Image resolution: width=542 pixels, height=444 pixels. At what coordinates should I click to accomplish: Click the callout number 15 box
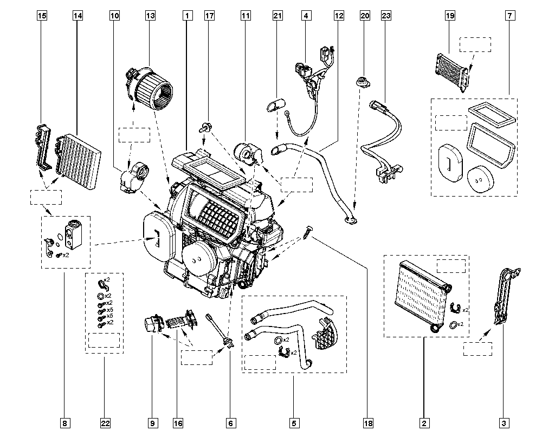42,16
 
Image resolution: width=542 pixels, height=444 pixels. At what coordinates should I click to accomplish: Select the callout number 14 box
78,16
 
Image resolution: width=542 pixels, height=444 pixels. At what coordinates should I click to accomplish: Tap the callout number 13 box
150,16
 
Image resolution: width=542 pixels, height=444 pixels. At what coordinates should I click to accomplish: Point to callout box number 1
186,16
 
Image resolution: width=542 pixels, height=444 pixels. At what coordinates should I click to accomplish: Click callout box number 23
386,16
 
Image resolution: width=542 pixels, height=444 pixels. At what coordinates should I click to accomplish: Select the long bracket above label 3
505,295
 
